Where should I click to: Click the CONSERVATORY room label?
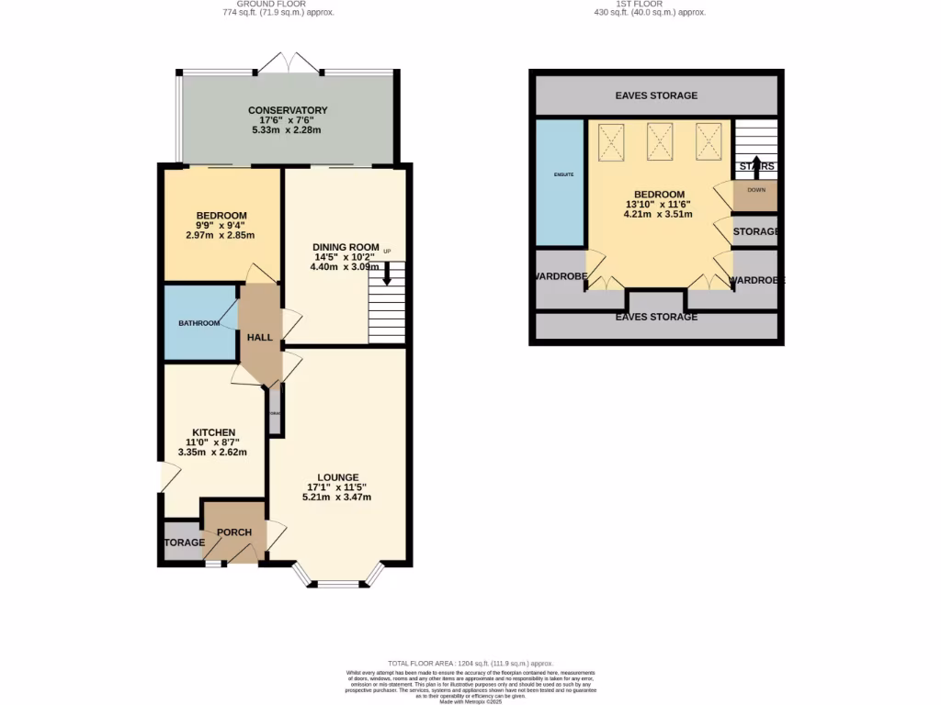pyautogui.click(x=288, y=110)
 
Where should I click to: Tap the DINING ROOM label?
pyautogui.click(x=346, y=247)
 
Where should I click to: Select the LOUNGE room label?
pyautogui.click(x=337, y=477)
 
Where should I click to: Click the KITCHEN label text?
pyautogui.click(x=213, y=432)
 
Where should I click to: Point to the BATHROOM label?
pyautogui.click(x=198, y=323)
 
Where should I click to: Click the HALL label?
pyautogui.click(x=259, y=338)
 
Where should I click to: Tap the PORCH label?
pyautogui.click(x=233, y=532)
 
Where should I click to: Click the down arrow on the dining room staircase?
pyautogui.click(x=387, y=273)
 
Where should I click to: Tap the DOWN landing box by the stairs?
pyautogui.click(x=756, y=191)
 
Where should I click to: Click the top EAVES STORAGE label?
pyautogui.click(x=656, y=95)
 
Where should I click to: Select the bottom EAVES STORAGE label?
pyautogui.click(x=656, y=317)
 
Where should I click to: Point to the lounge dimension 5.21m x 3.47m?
pyautogui.click(x=337, y=497)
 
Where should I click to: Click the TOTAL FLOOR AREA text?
pyautogui.click(x=470, y=663)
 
